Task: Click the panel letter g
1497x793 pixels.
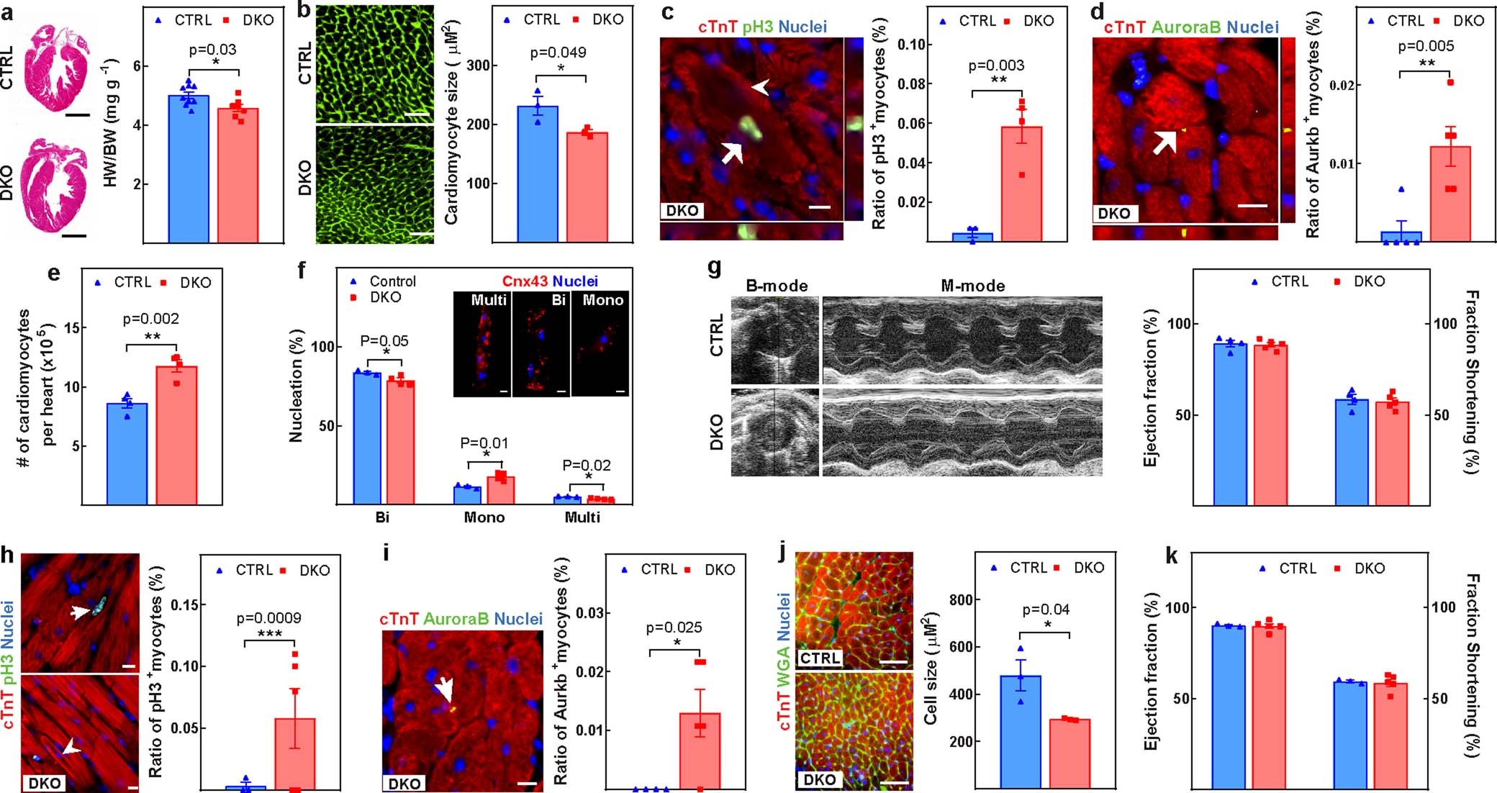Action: coord(715,268)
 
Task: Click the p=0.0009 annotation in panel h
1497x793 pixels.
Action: coord(268,618)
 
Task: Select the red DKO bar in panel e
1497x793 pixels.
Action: coord(176,435)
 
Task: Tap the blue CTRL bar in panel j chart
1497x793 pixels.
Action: coord(1021,730)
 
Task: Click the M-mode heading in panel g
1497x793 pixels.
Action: coord(972,286)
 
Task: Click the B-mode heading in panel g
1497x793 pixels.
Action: coord(776,286)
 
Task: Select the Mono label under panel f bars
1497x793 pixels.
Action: coord(484,517)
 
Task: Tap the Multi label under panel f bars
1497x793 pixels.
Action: coord(582,517)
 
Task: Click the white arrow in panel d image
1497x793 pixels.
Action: coord(1164,142)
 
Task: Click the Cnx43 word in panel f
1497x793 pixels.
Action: coord(525,281)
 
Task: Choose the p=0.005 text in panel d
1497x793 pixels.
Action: coord(1425,46)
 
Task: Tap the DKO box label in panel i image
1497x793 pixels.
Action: coord(404,784)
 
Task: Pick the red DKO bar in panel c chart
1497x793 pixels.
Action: coord(1021,183)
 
